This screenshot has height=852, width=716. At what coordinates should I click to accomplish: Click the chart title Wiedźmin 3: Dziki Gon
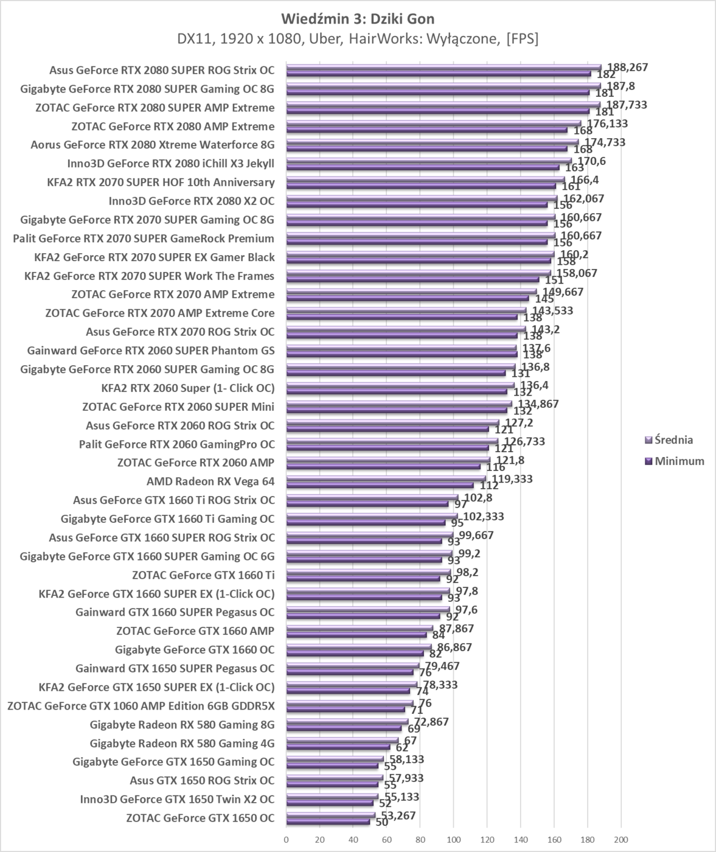358,19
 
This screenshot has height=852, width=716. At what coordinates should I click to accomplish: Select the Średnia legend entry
669,440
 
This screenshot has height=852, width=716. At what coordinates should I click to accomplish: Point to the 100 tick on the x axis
453,840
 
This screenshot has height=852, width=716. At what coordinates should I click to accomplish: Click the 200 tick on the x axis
620,840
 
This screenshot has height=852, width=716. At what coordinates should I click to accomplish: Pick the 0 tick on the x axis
286,840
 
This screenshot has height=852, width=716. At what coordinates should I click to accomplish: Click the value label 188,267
627,67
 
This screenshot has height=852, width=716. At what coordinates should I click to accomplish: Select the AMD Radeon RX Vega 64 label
210,481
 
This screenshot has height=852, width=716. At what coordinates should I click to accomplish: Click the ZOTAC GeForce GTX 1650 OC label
200,818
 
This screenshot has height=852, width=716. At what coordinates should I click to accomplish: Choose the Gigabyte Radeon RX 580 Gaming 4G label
182,743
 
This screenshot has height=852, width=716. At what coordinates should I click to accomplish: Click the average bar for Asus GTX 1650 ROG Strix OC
334,777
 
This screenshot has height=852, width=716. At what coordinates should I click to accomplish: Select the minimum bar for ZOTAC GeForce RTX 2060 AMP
383,466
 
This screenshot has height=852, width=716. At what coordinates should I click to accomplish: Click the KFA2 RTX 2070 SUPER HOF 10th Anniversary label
161,182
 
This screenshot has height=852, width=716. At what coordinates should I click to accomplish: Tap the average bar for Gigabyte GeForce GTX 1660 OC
358,646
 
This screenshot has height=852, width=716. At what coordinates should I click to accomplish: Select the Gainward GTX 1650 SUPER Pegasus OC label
175,668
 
